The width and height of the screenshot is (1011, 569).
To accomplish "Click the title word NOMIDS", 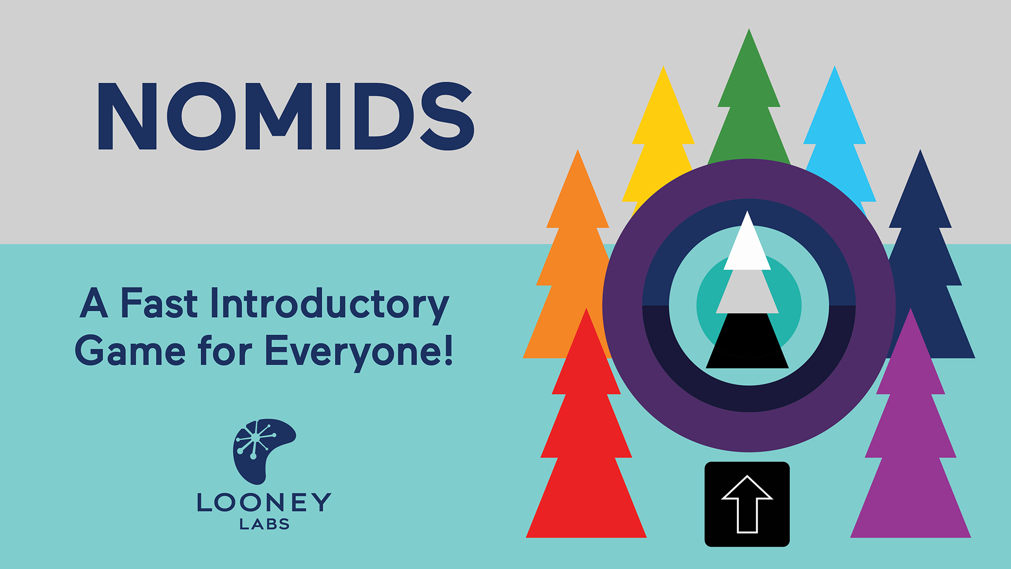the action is [286, 116].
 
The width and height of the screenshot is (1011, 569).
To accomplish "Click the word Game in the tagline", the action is [130, 350].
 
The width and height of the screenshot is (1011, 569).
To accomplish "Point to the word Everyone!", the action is [359, 352].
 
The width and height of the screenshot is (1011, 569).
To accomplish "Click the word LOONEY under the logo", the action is [264, 502].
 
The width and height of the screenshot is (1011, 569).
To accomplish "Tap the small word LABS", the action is [264, 524].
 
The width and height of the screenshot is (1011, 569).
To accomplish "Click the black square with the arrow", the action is [747, 504].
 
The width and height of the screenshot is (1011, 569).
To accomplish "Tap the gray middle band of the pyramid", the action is [747, 291].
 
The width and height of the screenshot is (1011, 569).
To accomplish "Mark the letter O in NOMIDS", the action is [202, 116].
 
